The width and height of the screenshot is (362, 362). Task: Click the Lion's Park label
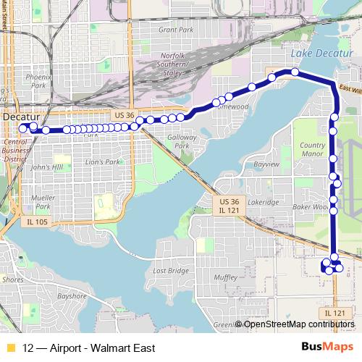(x=101, y=162)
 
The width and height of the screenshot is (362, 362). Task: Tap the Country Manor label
(x=312, y=150)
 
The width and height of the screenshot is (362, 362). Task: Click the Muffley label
(x=226, y=277)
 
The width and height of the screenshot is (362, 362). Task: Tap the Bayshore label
(x=72, y=296)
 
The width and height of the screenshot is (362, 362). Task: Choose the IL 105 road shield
(x=35, y=221)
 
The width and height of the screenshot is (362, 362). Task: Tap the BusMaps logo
(x=322, y=347)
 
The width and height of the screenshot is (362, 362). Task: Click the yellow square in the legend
(x=10, y=348)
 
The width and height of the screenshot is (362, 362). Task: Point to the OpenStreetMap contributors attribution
(x=299, y=324)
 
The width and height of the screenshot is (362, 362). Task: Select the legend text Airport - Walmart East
(x=93, y=348)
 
